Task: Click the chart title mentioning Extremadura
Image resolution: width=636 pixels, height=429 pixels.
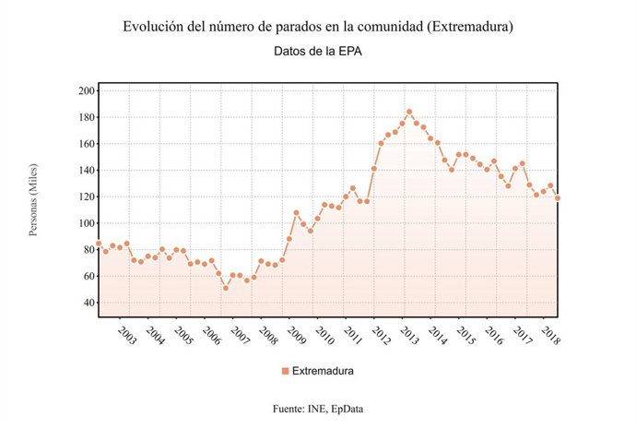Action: [317, 27]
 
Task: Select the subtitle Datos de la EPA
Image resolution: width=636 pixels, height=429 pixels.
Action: [317, 52]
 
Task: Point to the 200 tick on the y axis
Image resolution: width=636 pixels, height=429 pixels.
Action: [88, 91]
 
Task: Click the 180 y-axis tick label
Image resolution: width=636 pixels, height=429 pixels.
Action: [88, 118]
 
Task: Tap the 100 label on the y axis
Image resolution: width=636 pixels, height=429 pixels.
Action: [88, 223]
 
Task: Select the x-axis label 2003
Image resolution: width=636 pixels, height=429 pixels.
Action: [126, 334]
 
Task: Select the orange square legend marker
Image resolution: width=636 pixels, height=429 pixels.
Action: [285, 371]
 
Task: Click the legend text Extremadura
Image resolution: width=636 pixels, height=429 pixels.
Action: [324, 371]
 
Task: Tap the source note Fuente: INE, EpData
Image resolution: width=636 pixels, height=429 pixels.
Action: [317, 408]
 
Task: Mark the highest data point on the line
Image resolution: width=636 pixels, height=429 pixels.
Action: [409, 112]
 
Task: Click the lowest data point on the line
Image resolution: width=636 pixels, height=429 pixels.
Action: [226, 288]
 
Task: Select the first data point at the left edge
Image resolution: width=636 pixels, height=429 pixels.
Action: [99, 244]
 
